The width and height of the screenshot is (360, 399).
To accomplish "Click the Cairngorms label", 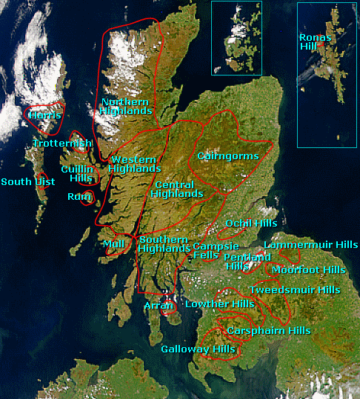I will click(228, 156).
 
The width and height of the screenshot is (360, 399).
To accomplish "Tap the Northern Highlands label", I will click(126, 106).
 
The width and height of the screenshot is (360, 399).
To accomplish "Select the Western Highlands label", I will click(133, 164).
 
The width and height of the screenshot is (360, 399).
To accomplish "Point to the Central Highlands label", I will click(177, 189).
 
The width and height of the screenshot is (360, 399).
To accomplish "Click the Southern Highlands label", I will click(164, 244).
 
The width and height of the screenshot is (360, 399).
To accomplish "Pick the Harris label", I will click(44, 115).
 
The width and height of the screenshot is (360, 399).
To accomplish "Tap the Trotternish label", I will click(62, 143).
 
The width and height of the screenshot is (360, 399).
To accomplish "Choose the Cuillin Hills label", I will click(77, 174).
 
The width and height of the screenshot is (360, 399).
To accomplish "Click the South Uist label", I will click(22, 181).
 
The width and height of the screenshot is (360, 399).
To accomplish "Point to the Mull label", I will click(113, 244).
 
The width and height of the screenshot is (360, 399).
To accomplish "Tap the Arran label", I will click(159, 305).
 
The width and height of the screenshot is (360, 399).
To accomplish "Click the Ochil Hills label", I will click(251, 223).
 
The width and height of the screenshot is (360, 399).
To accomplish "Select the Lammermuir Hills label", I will click(310, 244).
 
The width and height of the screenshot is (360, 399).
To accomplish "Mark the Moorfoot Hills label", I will click(308, 269).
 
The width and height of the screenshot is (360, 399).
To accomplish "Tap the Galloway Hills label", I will click(198, 349).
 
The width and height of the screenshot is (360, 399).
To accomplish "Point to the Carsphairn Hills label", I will click(269, 330).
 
